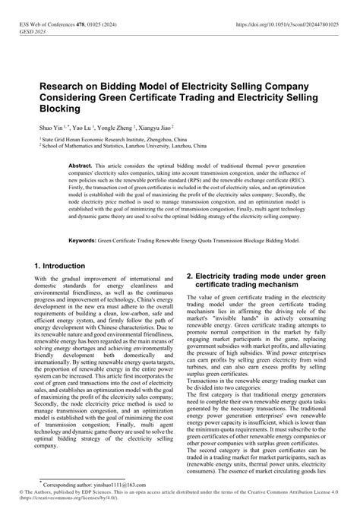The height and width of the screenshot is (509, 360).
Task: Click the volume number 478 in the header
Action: (x=79, y=26)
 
